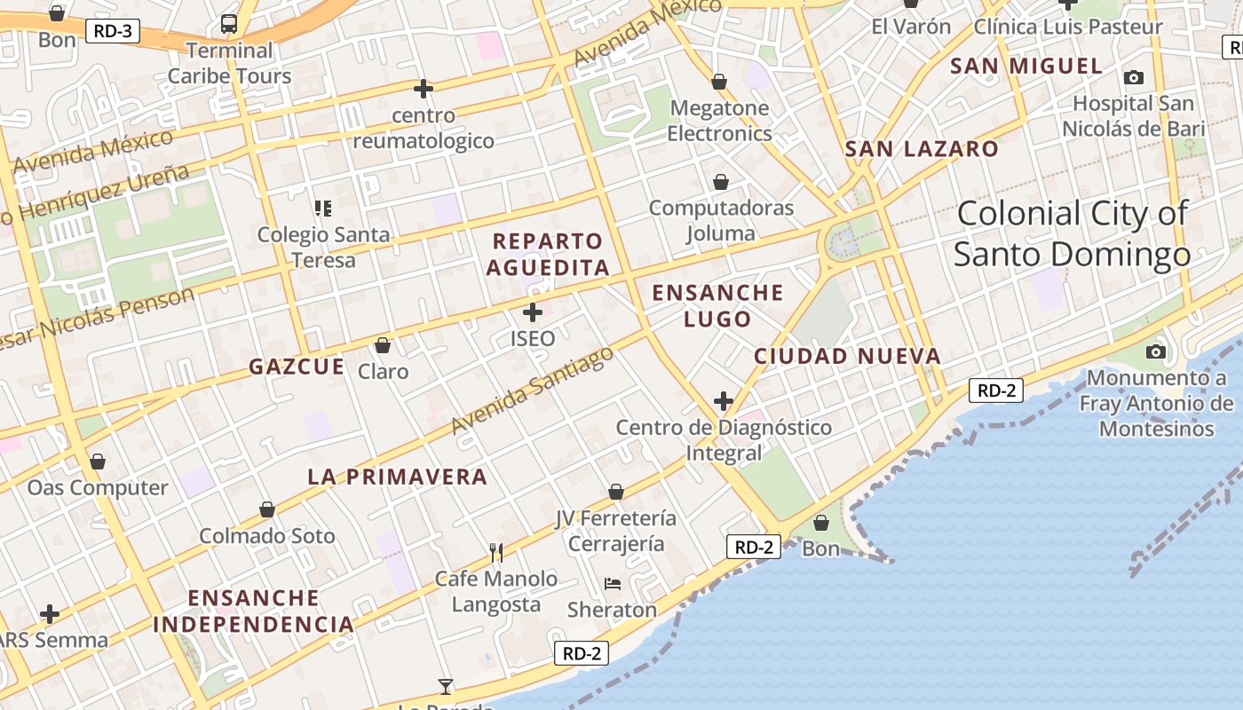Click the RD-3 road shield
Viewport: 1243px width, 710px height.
pyautogui.click(x=113, y=32)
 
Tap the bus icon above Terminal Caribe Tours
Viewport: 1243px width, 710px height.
pyautogui.click(x=229, y=24)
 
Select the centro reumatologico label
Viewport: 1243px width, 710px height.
pyautogui.click(x=424, y=128)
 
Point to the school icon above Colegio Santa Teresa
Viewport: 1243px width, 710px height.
pyautogui.click(x=322, y=209)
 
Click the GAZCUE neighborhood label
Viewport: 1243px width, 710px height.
pyautogui.click(x=297, y=367)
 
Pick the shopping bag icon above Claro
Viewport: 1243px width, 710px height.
pyautogui.click(x=383, y=344)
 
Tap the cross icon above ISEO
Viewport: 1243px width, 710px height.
pyautogui.click(x=533, y=312)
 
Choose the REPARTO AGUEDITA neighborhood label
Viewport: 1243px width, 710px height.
pyautogui.click(x=548, y=254)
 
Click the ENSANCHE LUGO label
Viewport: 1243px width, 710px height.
pyautogui.click(x=717, y=305)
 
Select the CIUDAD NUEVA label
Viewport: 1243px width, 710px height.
pyautogui.click(x=847, y=357)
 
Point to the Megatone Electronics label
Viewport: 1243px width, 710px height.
pyautogui.click(x=719, y=121)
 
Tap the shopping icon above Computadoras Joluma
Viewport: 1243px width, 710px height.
pyautogui.click(x=721, y=182)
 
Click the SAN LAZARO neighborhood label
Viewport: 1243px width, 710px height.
pyautogui.click(x=922, y=149)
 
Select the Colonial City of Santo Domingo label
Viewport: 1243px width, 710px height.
pyautogui.click(x=1072, y=233)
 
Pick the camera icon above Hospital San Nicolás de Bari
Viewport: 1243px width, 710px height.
pyautogui.click(x=1134, y=77)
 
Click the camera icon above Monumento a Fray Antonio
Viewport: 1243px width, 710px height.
pyautogui.click(x=1155, y=351)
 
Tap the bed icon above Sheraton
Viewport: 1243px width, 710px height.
pyautogui.click(x=613, y=583)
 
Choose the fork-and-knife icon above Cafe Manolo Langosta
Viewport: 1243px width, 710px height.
pyautogui.click(x=496, y=553)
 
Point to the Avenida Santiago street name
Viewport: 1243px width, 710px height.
pyautogui.click(x=532, y=390)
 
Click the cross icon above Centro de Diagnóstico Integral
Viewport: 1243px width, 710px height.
pyautogui.click(x=724, y=401)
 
